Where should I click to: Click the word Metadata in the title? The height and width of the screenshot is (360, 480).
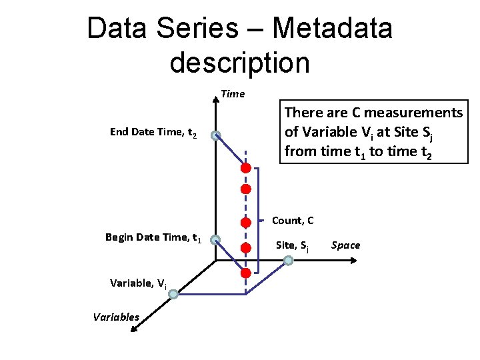coord(333,29)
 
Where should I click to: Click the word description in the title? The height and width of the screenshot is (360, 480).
coord(239,63)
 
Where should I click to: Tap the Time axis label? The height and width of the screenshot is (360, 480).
coord(233,94)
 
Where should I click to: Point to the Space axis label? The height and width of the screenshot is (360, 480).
coord(345,245)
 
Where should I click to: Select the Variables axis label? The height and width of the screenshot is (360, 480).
coord(116,317)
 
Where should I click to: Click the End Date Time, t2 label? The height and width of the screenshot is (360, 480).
coord(153,133)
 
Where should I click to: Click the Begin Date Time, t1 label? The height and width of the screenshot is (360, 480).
coord(153,237)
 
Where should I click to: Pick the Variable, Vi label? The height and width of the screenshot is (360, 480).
coord(138,283)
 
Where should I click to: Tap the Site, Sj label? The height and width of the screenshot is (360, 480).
coord(292,245)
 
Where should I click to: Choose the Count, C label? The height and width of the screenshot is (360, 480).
coord(293,221)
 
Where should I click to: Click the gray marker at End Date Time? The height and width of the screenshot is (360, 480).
coord(215,136)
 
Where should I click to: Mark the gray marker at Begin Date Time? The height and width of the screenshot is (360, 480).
coord(215,239)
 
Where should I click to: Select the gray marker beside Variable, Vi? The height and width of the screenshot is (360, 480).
coord(173,293)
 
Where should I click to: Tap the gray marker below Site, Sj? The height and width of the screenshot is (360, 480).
coord(288,261)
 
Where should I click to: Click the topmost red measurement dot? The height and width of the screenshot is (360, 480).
coord(245,168)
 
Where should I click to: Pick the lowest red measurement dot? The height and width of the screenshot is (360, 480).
coord(245,273)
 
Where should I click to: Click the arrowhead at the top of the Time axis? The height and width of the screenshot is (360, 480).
coord(215,101)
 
